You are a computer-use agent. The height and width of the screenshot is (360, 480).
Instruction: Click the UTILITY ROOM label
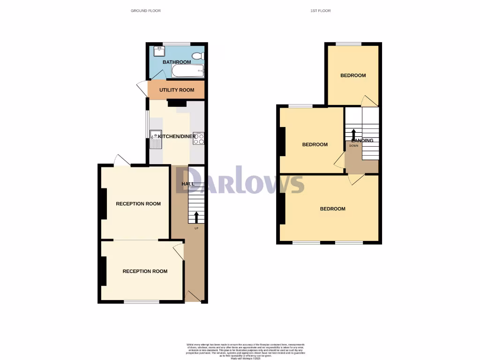[x=177, y=90]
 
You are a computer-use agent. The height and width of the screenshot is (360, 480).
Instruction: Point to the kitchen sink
[x=155, y=139]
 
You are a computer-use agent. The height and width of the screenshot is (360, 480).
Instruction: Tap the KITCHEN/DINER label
[x=177, y=136]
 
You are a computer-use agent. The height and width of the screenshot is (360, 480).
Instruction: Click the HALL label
[x=188, y=184]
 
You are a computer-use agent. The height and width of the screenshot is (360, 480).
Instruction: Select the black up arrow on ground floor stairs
[x=196, y=217]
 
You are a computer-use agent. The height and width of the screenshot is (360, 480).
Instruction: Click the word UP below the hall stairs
[x=196, y=228]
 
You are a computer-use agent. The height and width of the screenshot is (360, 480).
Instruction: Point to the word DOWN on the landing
[x=353, y=146]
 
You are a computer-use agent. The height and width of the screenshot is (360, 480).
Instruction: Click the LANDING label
[x=362, y=140]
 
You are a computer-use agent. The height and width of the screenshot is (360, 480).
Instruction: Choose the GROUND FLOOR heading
[x=145, y=10]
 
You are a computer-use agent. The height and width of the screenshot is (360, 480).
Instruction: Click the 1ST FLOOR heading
[x=320, y=10]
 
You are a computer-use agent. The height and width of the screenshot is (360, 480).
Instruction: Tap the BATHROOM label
[x=177, y=62]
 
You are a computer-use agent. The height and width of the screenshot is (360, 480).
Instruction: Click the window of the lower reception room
[x=141, y=301]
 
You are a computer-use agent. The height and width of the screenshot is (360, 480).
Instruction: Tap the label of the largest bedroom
[x=333, y=209]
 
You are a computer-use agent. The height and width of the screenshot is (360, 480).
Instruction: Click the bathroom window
[x=173, y=44]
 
